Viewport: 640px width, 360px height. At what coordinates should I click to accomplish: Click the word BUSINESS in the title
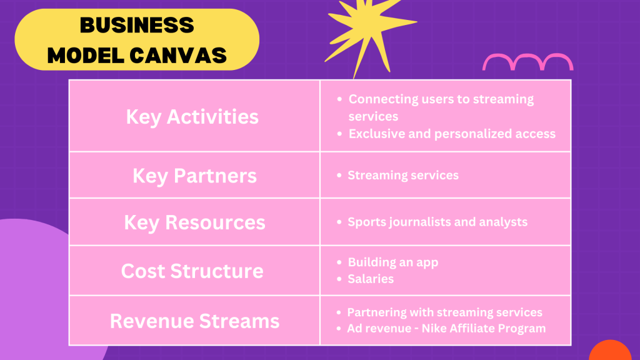[x=137, y=25]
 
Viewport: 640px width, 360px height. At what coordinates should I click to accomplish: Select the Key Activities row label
[x=192, y=117]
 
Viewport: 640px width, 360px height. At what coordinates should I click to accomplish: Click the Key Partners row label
[x=195, y=176]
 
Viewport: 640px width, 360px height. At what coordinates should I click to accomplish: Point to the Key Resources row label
[x=195, y=223]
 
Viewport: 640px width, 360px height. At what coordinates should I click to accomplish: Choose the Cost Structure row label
[x=192, y=271]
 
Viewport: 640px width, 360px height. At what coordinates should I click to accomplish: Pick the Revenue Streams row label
[x=195, y=321]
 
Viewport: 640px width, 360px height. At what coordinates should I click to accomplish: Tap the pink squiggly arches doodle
[x=527, y=62]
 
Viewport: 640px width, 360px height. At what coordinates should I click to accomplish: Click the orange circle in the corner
[x=611, y=351]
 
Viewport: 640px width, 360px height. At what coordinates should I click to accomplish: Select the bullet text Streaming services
[x=403, y=175]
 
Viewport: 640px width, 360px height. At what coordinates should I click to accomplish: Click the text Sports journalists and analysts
[x=437, y=222]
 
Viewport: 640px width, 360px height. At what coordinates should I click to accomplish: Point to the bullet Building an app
[x=393, y=262]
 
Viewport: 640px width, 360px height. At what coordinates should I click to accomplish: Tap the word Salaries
[x=371, y=279]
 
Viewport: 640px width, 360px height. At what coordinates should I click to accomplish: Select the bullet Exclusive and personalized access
[x=452, y=134]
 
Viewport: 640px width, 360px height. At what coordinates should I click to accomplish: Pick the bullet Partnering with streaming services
[x=444, y=312]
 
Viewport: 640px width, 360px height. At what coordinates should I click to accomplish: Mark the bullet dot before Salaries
[x=339, y=279]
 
